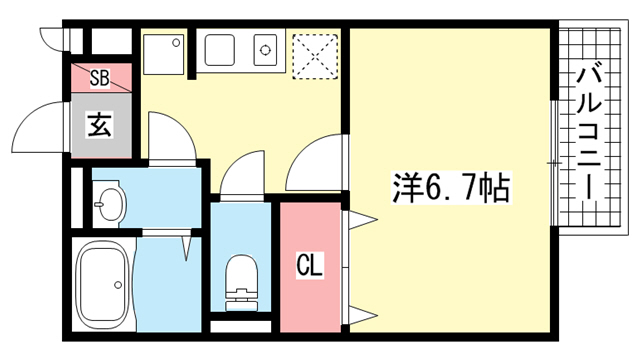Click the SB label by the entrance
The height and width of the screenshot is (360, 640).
tap(100, 78)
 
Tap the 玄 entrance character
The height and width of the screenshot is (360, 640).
tap(100, 125)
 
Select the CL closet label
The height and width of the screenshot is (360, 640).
tap(309, 266)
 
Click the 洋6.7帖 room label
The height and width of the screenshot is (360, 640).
tap(451, 188)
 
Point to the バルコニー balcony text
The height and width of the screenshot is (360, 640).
tap(589, 134)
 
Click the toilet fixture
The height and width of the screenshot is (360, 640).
tap(241, 282)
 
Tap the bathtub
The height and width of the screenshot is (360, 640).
tap(103, 285)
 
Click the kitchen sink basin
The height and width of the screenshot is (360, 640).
tap(220, 50)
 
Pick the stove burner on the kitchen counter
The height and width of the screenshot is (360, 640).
tap(266, 50)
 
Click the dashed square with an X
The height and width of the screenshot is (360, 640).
tap(316, 56)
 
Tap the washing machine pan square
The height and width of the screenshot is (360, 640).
tap(163, 54)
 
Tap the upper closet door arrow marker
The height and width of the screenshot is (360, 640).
tap(362, 220)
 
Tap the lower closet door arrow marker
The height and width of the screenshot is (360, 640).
tap(362, 315)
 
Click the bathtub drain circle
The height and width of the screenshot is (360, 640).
tap(118, 285)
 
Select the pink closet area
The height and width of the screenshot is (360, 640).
tap(310, 267)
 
